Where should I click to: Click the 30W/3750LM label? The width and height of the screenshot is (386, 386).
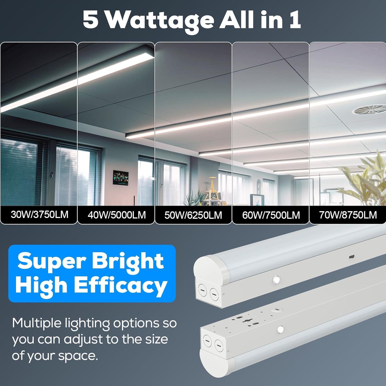tap(39, 214)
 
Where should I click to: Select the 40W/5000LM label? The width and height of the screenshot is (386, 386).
tap(117, 215)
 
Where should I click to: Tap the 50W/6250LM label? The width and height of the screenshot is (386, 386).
tap(193, 215)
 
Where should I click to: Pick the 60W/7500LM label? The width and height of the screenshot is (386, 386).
tap(271, 215)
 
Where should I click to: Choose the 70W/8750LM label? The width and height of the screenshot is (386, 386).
tap(348, 215)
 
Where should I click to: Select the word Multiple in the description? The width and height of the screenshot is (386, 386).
tap(36, 323)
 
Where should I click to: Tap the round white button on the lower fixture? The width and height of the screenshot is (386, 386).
tap(280, 329)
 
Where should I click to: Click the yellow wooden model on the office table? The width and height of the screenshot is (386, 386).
tap(213, 188)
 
